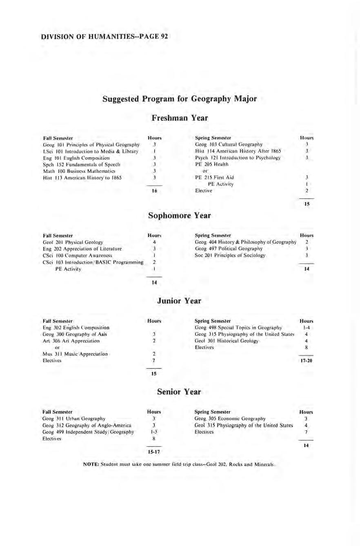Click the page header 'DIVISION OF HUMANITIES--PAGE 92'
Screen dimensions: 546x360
[x=105, y=37]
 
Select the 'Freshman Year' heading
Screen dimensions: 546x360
[x=180, y=118]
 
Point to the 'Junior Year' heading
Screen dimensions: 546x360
[x=180, y=301]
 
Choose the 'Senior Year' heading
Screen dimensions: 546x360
[x=180, y=392]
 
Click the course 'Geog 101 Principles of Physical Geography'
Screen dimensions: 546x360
[x=91, y=145]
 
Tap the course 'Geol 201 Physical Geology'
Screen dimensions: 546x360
[x=73, y=242]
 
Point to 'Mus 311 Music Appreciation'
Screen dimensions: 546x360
[x=75, y=354]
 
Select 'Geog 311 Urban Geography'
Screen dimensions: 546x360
[x=74, y=419]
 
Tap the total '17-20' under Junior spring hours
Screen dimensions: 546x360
[x=306, y=361]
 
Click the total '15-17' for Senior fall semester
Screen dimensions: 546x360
[x=155, y=452]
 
